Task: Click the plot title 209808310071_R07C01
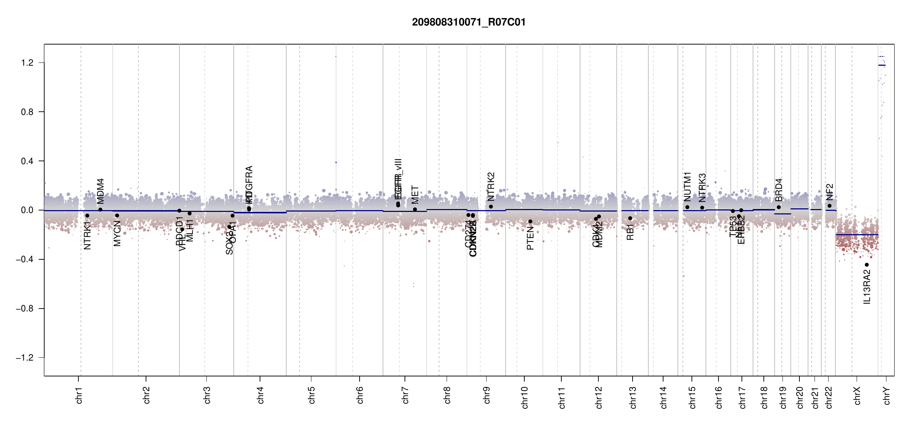pyautogui.click(x=469, y=22)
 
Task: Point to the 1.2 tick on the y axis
pyautogui.click(x=27, y=63)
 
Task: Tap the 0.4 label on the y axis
pyautogui.click(x=27, y=161)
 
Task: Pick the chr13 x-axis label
pyautogui.click(x=633, y=397)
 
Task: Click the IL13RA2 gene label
pyautogui.click(x=867, y=287)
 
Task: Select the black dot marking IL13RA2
pyautogui.click(x=867, y=265)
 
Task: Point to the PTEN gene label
pyautogui.click(x=530, y=238)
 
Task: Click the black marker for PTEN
pyautogui.click(x=530, y=221)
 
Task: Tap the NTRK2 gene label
pyautogui.click(x=491, y=187)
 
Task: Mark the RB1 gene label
pyautogui.click(x=630, y=232)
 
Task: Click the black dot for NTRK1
pyautogui.click(x=87, y=215)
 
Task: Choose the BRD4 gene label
pyautogui.click(x=779, y=190)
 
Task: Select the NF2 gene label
pyautogui.click(x=829, y=192)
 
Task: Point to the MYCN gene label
pyautogui.click(x=117, y=233)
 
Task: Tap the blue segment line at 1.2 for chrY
pyautogui.click(x=882, y=65)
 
